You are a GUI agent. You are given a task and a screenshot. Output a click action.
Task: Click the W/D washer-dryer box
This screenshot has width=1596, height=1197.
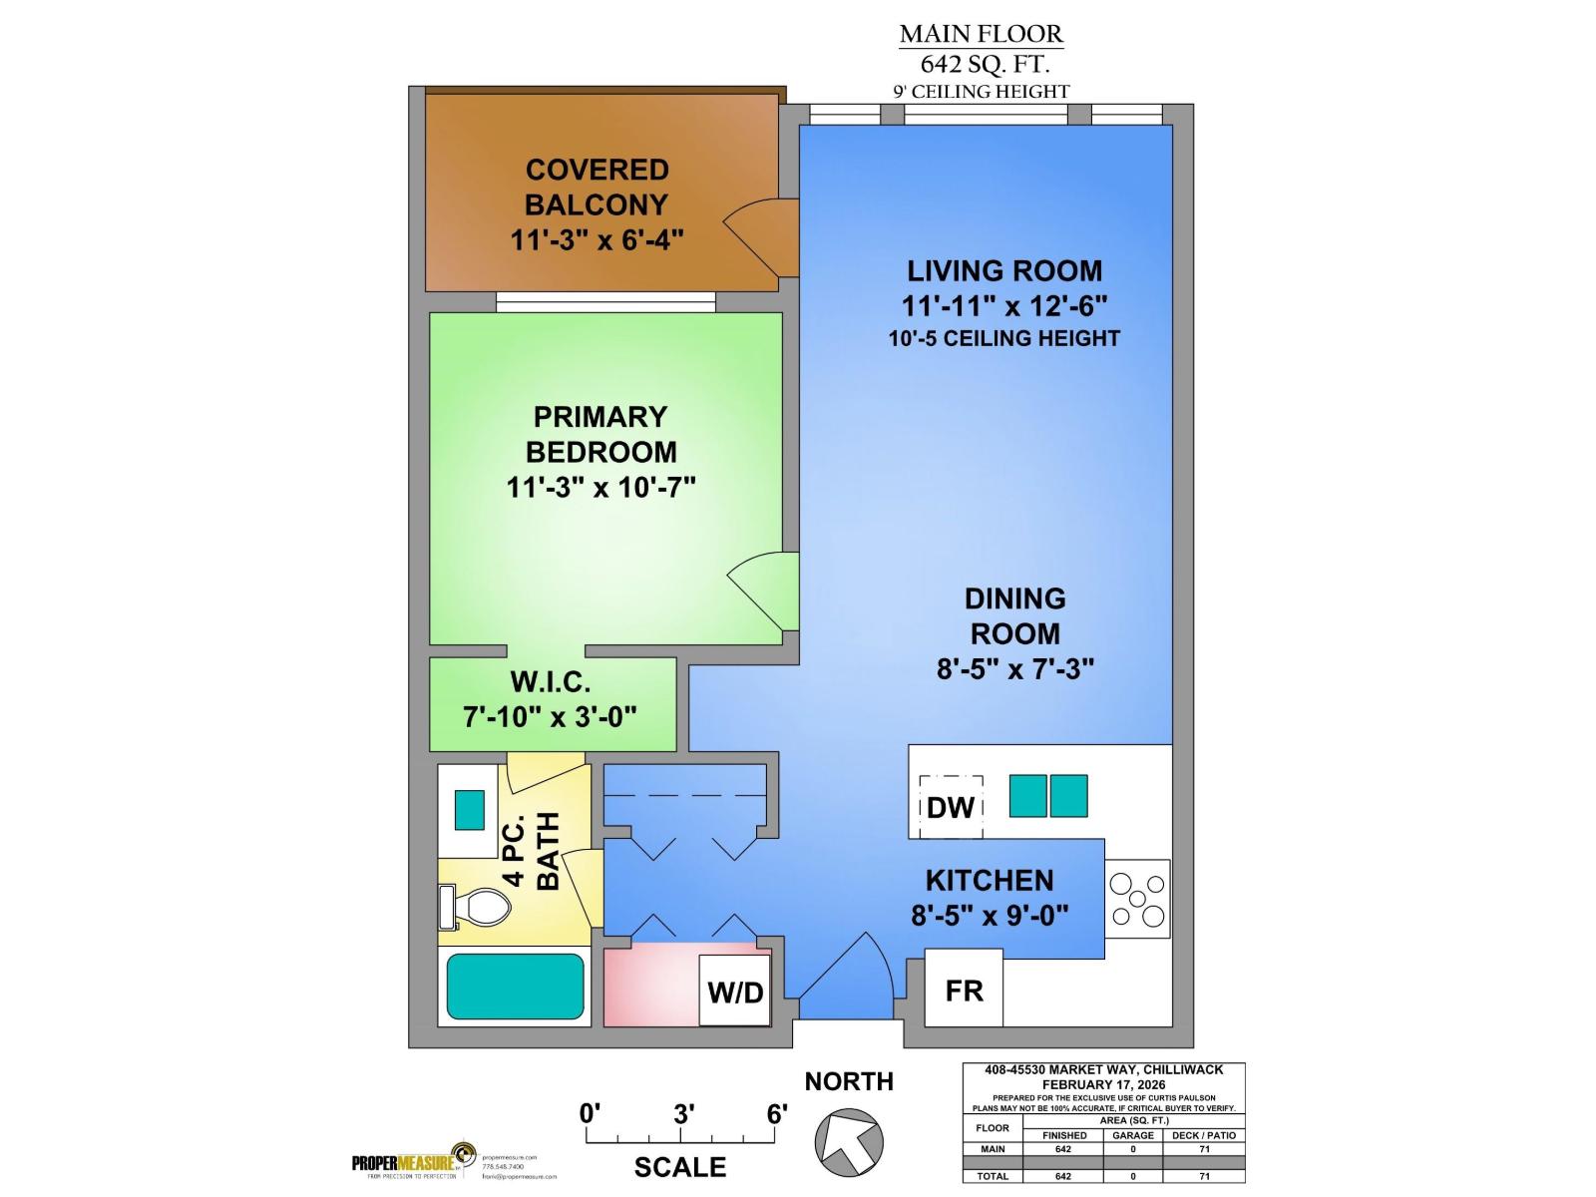pyautogui.click(x=735, y=991)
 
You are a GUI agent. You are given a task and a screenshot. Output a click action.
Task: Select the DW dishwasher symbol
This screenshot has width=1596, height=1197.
pyautogui.click(x=951, y=807)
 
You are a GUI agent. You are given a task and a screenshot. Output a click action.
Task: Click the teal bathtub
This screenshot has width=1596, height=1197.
pyautogui.click(x=515, y=986)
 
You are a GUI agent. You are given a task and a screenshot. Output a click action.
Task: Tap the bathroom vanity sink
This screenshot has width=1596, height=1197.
pyautogui.click(x=469, y=809)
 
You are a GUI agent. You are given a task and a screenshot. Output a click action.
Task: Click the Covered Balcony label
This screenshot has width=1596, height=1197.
pyautogui.click(x=597, y=187)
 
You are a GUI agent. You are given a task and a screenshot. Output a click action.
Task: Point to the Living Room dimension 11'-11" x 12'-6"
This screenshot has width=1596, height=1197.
pyautogui.click(x=1004, y=304)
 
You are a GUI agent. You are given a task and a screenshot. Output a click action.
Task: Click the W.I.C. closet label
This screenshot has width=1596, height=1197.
pyautogui.click(x=551, y=682)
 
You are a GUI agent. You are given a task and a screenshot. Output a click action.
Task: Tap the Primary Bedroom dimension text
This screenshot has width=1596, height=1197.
pyautogui.click(x=600, y=487)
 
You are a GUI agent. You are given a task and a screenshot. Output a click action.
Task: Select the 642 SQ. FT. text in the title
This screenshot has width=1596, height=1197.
pyautogui.click(x=984, y=65)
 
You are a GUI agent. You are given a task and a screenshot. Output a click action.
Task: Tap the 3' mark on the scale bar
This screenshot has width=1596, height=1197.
pyautogui.click(x=682, y=1114)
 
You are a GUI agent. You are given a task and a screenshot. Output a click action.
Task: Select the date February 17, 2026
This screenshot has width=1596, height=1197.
pyautogui.click(x=1103, y=1084)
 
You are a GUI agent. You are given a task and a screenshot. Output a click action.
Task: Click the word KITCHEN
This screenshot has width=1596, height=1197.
pyautogui.click(x=990, y=880)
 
